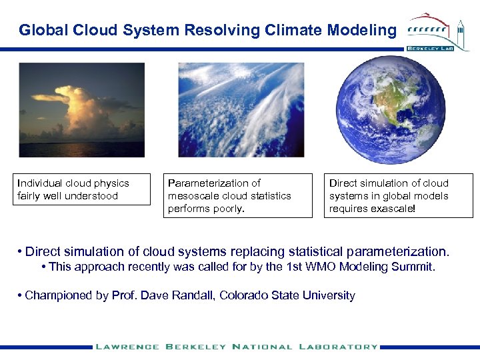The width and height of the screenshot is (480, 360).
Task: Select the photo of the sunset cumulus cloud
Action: point(81,110)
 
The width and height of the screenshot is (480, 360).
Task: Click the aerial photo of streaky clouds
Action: point(241,110)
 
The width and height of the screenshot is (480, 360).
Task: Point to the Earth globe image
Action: point(391,110)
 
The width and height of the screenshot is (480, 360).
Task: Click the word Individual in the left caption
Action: point(40,183)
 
